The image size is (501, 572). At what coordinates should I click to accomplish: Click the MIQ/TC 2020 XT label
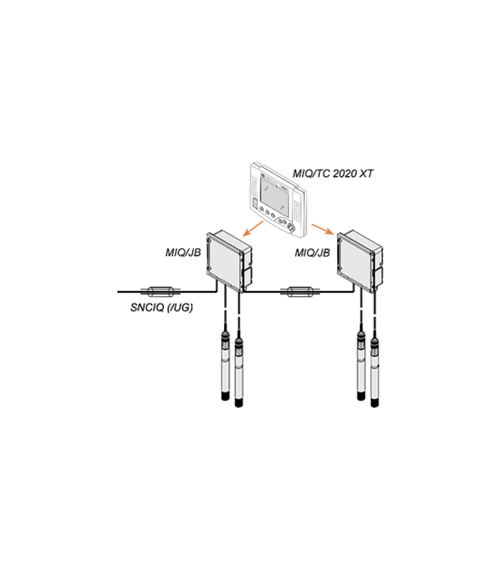[x=333, y=173]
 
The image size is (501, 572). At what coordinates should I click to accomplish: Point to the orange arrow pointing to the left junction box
[x=253, y=228]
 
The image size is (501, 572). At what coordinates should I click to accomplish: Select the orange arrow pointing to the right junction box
[x=323, y=229]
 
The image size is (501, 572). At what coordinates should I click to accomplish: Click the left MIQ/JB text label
[x=183, y=252]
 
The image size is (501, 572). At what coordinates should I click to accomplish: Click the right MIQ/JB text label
[x=313, y=252]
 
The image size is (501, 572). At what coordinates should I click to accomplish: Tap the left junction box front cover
[x=224, y=261]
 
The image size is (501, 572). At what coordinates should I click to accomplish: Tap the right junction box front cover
[x=355, y=261]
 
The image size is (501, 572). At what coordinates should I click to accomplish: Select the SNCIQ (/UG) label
[x=162, y=307]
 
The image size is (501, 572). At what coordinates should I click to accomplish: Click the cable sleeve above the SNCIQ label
[x=160, y=292]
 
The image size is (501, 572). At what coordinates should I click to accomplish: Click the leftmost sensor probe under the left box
[x=225, y=365]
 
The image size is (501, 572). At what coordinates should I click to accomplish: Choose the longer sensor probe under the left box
[x=238, y=372]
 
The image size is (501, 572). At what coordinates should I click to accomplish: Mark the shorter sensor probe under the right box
[x=361, y=365]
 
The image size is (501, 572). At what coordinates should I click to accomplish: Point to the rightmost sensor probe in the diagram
[x=374, y=372]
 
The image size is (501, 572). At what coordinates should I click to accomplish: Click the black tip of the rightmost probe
[x=374, y=403]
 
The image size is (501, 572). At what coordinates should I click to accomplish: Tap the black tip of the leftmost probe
[x=225, y=396]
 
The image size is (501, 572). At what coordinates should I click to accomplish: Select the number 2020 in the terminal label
[x=344, y=173]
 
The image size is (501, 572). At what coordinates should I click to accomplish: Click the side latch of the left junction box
[x=247, y=277]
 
